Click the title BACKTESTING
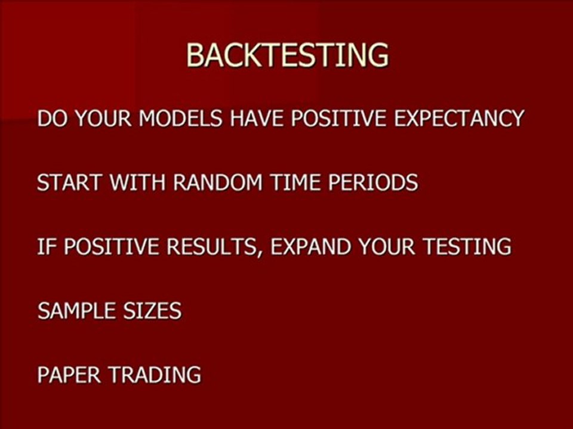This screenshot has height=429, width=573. (x=287, y=55)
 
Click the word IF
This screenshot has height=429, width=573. (x=45, y=246)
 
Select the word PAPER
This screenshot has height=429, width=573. (x=68, y=375)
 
